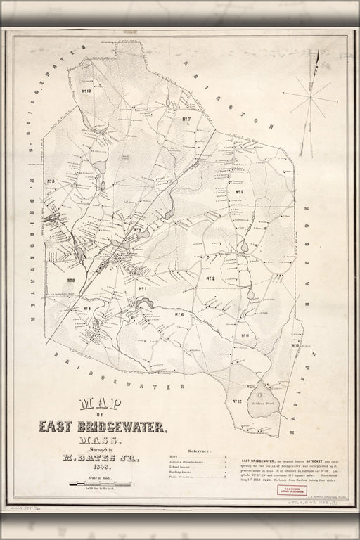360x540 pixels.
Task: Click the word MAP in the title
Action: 98,404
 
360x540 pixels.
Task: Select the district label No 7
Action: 186,120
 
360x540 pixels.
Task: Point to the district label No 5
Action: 239,192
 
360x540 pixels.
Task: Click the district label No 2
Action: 210,279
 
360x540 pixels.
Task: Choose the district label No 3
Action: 51,182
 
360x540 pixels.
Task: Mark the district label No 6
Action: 179,314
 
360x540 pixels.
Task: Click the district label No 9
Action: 71,281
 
